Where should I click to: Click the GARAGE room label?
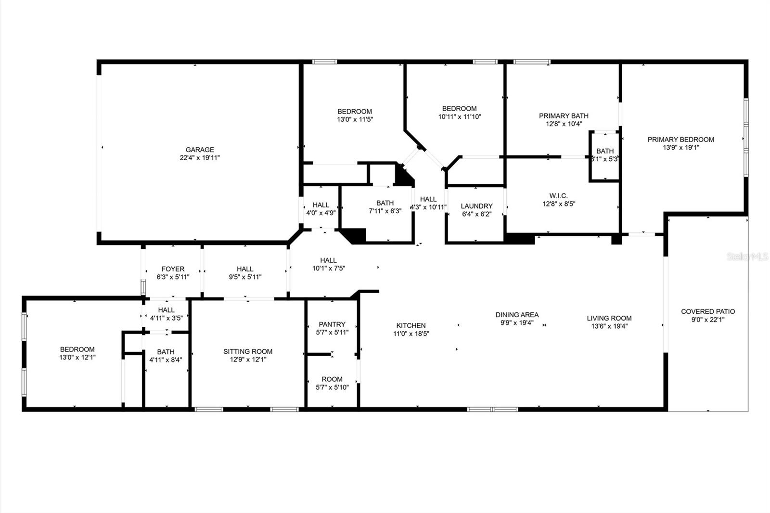point(200,150)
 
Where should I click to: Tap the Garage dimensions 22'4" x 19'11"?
point(200,157)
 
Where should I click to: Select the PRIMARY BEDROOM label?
point(680,140)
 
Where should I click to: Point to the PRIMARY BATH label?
point(564,115)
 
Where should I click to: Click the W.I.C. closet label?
point(558,196)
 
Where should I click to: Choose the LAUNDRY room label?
point(476,206)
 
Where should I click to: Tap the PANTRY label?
point(332,324)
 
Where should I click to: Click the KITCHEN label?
point(411,325)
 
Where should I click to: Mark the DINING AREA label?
point(517,315)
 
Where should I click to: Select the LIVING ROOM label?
point(609,318)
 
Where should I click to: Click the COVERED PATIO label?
point(708,311)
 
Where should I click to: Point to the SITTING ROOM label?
point(248,351)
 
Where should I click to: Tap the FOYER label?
point(173,269)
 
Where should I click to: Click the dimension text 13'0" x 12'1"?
point(77,358)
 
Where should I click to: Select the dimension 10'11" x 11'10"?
point(460,116)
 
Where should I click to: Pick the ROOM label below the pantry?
point(332,379)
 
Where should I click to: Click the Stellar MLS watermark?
point(747,256)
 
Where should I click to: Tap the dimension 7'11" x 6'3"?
point(385,211)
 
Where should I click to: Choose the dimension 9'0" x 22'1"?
point(708,319)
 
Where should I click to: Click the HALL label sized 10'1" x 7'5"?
point(328,260)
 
